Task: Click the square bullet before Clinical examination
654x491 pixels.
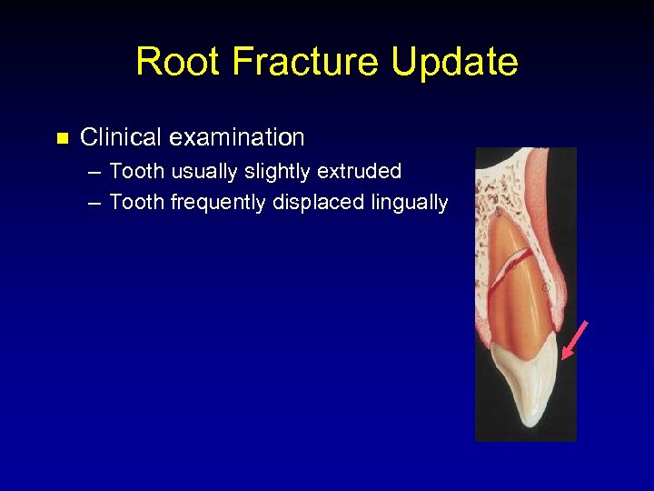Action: [62, 139]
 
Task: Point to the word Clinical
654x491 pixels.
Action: [120, 138]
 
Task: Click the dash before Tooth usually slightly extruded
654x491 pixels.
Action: [94, 172]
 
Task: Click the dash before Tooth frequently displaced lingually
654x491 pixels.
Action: [94, 203]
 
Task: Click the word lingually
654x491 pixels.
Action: [408, 203]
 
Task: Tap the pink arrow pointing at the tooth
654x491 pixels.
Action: [574, 340]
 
